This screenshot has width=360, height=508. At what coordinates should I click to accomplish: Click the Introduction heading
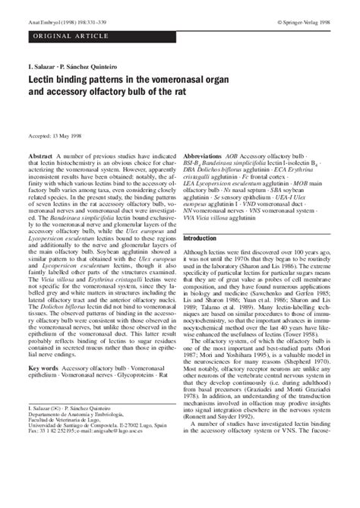[x=201, y=218]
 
